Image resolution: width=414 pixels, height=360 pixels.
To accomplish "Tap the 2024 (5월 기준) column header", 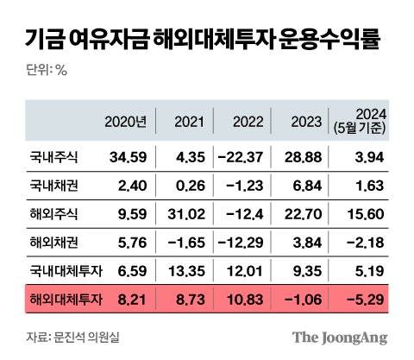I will tap(361, 122).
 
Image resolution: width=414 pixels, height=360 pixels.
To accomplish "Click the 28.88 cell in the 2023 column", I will tap(304, 155).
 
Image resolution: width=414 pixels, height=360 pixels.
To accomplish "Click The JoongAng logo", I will tap(338, 336).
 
